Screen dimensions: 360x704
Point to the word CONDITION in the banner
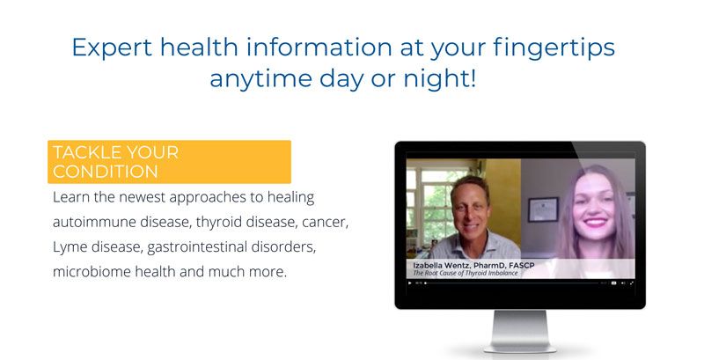coord(105,172)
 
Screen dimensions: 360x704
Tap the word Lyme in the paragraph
coord(72,246)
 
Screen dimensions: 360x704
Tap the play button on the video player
coord(409,283)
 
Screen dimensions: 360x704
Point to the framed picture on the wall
coord(542,209)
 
